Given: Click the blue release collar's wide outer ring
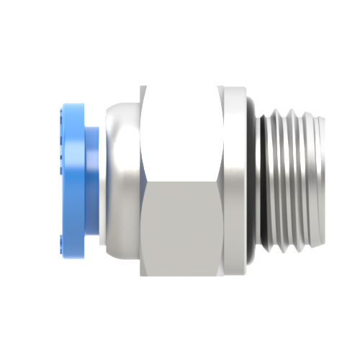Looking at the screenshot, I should coord(71,180).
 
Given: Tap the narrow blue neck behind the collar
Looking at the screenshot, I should coord(91,180).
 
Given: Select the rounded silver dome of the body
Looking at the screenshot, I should coord(122,180).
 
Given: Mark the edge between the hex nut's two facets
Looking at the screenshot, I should coord(180,180).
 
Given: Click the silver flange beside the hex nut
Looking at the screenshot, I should coord(233,180).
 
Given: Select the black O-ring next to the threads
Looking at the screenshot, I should coord(254,180).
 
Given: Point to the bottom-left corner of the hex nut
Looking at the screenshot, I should coord(143,276).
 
